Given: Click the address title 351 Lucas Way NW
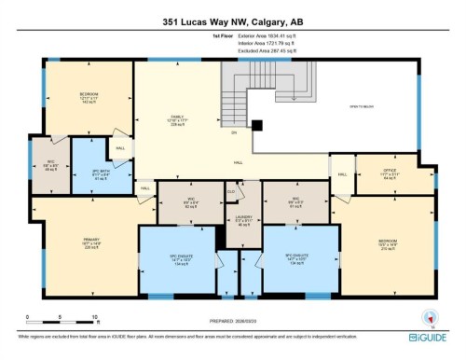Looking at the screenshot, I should [x=233, y=22].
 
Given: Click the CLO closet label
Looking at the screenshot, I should [x=231, y=193].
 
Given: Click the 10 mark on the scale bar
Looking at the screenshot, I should [x=95, y=318].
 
